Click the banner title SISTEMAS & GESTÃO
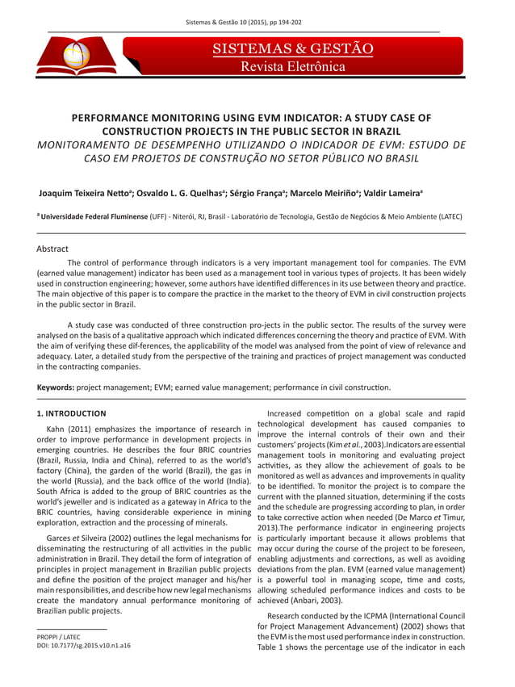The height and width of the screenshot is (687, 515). point(292,49)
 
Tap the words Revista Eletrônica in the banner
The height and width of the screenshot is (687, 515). point(292,67)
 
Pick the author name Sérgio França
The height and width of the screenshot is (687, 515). point(256,195)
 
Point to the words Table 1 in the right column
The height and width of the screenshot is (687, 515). point(270,647)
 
